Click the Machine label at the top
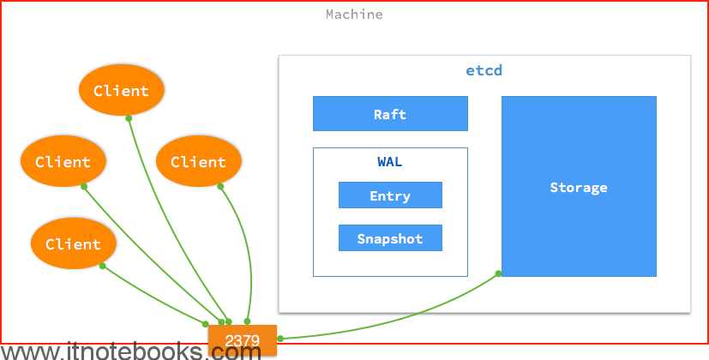tap(354, 15)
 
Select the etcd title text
tap(484, 70)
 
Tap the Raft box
tap(390, 113)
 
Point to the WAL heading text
tap(390, 161)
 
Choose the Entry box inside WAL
tap(390, 195)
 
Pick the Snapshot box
tap(390, 238)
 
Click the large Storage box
tap(579, 186)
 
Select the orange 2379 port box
tap(243, 340)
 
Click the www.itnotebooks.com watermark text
tap(130, 351)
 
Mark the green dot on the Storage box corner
tap(498, 273)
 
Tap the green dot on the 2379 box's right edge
tap(280, 339)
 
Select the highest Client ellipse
tap(121, 90)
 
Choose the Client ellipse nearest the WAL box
tap(199, 161)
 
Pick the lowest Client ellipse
tap(73, 243)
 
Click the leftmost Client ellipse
tap(63, 161)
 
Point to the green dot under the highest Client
tap(129, 118)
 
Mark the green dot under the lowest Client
tap(103, 266)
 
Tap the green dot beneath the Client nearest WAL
tap(220, 186)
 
